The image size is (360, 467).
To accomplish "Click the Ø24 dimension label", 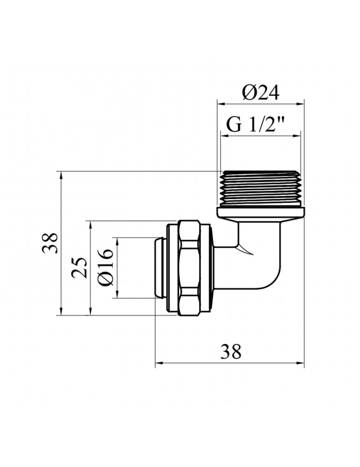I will [x=260, y=93].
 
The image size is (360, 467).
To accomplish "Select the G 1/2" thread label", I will [x=256, y=125].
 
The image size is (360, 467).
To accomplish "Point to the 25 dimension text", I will [x=80, y=268].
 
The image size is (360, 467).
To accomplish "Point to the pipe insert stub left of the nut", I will [x=160, y=268].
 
